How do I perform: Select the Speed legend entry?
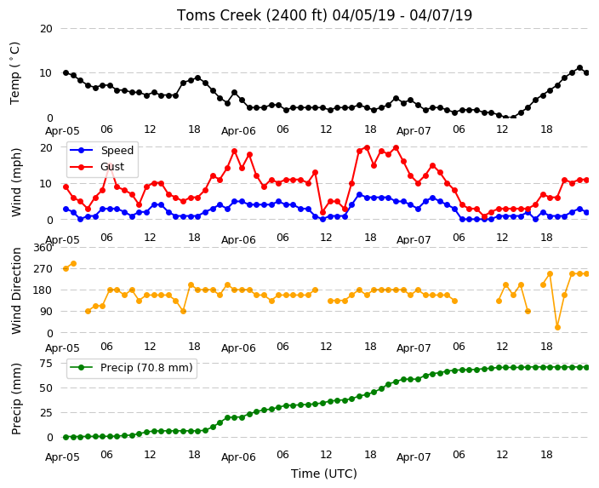tap(101, 150)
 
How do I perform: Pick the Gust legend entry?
tap(97, 167)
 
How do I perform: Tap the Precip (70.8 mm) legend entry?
tap(131, 368)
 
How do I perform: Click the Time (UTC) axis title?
tap(324, 474)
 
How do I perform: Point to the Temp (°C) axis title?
tap(14, 73)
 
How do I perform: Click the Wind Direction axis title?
tap(16, 290)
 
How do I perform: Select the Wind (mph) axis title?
tap(16, 182)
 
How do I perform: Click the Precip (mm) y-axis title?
tap(16, 399)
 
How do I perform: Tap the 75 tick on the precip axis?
tap(46, 363)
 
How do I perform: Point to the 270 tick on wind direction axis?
tap(43, 269)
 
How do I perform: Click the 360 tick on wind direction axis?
tap(43, 248)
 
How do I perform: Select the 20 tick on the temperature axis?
tap(46, 29)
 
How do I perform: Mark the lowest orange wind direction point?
tap(558, 327)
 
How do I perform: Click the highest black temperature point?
tap(579, 67)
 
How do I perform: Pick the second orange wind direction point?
tap(73, 263)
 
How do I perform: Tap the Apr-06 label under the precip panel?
tap(238, 457)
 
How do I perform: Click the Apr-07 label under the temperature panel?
tap(414, 131)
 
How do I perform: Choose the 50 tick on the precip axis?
tap(46, 388)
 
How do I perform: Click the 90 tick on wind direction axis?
tap(46, 312)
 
